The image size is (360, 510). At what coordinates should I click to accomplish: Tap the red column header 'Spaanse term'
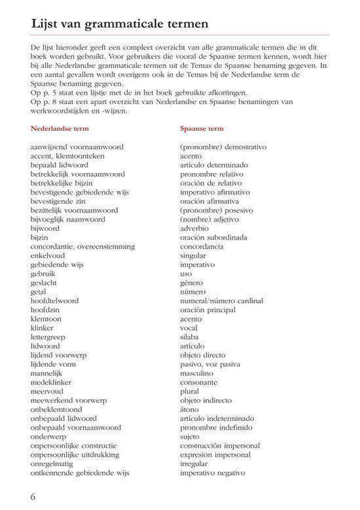[202, 128]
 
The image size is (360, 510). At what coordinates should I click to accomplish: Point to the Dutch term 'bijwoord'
[45, 228]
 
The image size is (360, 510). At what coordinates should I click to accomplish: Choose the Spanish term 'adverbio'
[195, 228]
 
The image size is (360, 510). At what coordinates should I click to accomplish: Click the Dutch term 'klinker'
[43, 327]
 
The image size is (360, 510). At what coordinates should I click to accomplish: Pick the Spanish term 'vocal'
[189, 327]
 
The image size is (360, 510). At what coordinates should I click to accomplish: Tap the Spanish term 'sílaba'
[190, 336]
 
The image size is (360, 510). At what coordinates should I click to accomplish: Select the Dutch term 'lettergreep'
[51, 336]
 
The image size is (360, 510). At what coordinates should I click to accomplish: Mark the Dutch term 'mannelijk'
[47, 372]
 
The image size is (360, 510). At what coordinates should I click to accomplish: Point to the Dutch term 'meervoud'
[47, 390]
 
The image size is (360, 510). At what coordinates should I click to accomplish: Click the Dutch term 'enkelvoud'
[48, 255]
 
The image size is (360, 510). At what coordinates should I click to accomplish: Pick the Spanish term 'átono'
[190, 408]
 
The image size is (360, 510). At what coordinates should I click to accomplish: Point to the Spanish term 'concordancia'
[202, 247]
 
